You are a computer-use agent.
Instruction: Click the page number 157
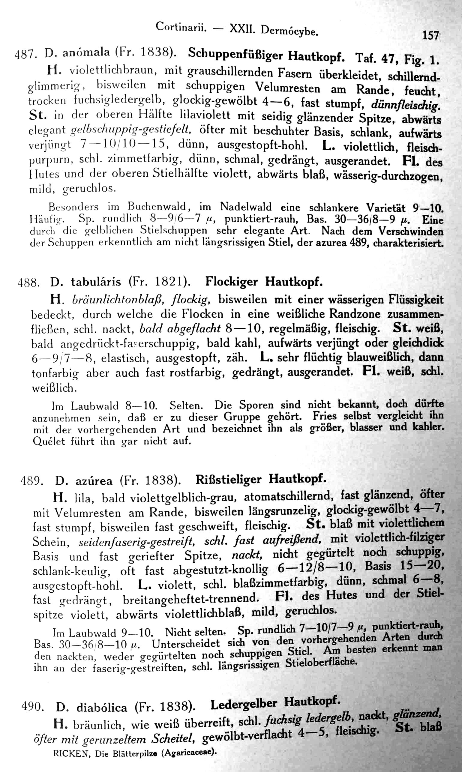(x=430, y=35)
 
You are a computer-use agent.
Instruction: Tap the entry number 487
(x=26, y=55)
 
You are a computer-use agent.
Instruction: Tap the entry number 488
(x=28, y=283)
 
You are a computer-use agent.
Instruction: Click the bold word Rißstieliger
(x=229, y=480)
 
